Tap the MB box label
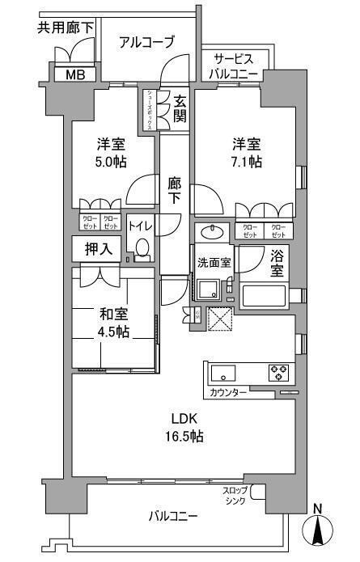(x=74, y=75)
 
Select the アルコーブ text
(x=146, y=43)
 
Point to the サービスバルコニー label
(x=236, y=66)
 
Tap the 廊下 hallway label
(x=175, y=191)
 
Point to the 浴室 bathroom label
(x=277, y=264)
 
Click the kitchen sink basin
(x=223, y=374)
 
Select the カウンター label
(x=228, y=393)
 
